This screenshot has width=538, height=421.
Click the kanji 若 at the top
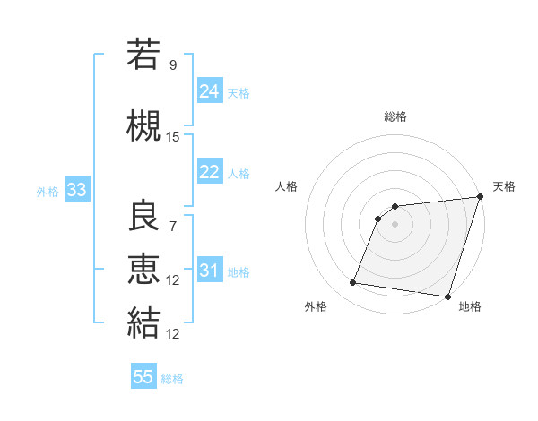[143, 55]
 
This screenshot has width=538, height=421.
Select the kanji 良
[143, 216]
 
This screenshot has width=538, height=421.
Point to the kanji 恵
[143, 268]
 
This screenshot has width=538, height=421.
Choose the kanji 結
[143, 321]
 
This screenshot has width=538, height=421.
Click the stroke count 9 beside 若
[173, 65]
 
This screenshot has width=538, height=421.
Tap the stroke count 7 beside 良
[173, 228]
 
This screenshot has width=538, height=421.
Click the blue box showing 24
[210, 91]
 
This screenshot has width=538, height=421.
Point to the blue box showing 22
[210, 172]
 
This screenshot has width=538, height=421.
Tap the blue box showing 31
[210, 271]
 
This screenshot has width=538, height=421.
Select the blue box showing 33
[76, 190]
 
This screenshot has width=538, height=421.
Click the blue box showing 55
[143, 377]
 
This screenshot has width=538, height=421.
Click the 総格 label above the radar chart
[395, 116]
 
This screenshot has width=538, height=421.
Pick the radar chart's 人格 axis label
[287, 186]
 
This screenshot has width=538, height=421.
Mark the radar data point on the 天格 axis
[480, 198]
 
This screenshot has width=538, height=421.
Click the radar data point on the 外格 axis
[353, 283]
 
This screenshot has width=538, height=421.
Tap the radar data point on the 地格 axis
[447, 296]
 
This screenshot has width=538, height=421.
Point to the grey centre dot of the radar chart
[395, 224]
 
